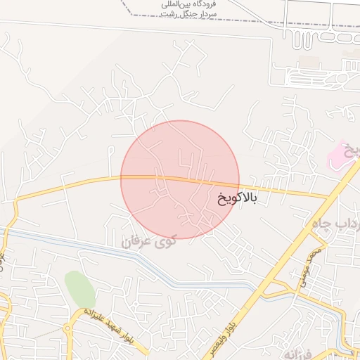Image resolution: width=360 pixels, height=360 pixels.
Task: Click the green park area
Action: (x=79, y=288)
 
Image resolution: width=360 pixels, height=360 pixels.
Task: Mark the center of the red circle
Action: (x=180, y=179)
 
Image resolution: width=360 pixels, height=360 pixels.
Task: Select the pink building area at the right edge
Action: (x=341, y=155)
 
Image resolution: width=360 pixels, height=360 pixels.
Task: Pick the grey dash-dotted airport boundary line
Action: (x=127, y=8)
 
